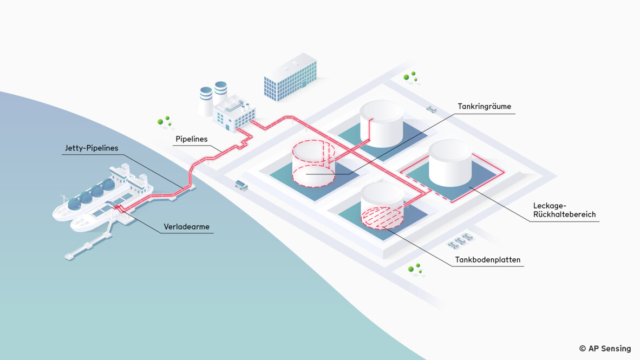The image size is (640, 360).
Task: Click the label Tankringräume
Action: pyautogui.click(x=484, y=107)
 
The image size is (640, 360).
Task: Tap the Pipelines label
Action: pyautogui.click(x=191, y=139)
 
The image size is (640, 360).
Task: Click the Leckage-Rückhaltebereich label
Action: pyautogui.click(x=564, y=210)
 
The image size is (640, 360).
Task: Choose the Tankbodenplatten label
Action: pyautogui.click(x=488, y=260)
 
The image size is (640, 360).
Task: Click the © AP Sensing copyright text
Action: pyautogui.click(x=605, y=349)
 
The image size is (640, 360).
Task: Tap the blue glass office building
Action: pyautogui.click(x=290, y=80)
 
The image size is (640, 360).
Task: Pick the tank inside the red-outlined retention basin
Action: pyautogui.click(x=450, y=163)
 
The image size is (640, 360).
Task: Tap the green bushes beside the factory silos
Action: pyautogui.click(x=164, y=121)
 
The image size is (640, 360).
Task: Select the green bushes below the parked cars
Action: pyautogui.click(x=415, y=269)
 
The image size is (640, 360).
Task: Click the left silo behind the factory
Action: pyautogui.click(x=206, y=101)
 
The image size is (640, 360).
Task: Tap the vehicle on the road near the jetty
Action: pyautogui.click(x=241, y=185)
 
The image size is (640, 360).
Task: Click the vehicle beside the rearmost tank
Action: pyautogui.click(x=432, y=108)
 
